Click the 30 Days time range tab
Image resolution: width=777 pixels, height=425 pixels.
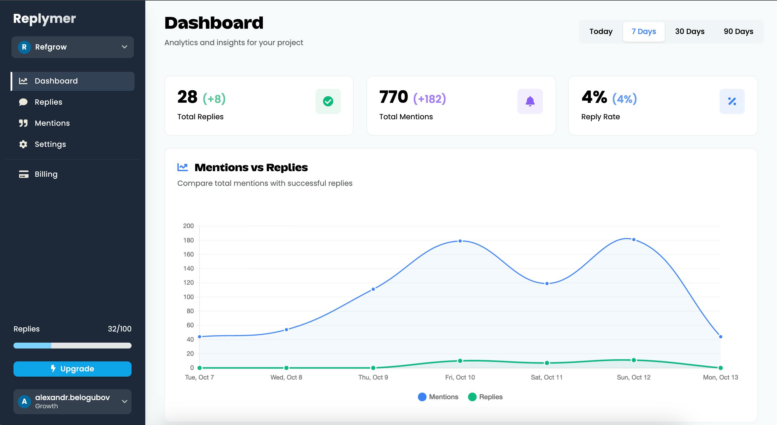pos(689,31)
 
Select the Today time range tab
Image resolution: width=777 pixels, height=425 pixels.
pos(601,31)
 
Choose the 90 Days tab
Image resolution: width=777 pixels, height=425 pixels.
pos(738,31)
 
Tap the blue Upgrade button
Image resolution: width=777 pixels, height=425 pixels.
pos(72,369)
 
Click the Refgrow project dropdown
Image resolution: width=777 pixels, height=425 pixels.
pos(73,47)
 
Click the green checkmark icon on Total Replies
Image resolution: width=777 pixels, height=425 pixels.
pos(328,101)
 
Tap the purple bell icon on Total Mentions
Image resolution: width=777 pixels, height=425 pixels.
pos(530,101)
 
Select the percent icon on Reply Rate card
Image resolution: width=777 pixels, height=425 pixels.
pos(732,101)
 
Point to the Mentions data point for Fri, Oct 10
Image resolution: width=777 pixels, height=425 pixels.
pos(460,241)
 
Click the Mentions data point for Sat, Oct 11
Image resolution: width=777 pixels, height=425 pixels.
pos(547,283)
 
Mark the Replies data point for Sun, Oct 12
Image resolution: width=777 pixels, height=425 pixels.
pos(634,360)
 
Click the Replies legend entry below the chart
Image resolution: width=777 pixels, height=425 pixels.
pos(485,397)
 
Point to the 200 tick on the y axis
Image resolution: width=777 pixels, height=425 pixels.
pos(188,226)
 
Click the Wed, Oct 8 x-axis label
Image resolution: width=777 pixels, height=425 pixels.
pos(286,377)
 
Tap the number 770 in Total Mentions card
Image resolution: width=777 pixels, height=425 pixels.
pos(394,97)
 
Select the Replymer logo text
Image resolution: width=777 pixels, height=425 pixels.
pos(44,19)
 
